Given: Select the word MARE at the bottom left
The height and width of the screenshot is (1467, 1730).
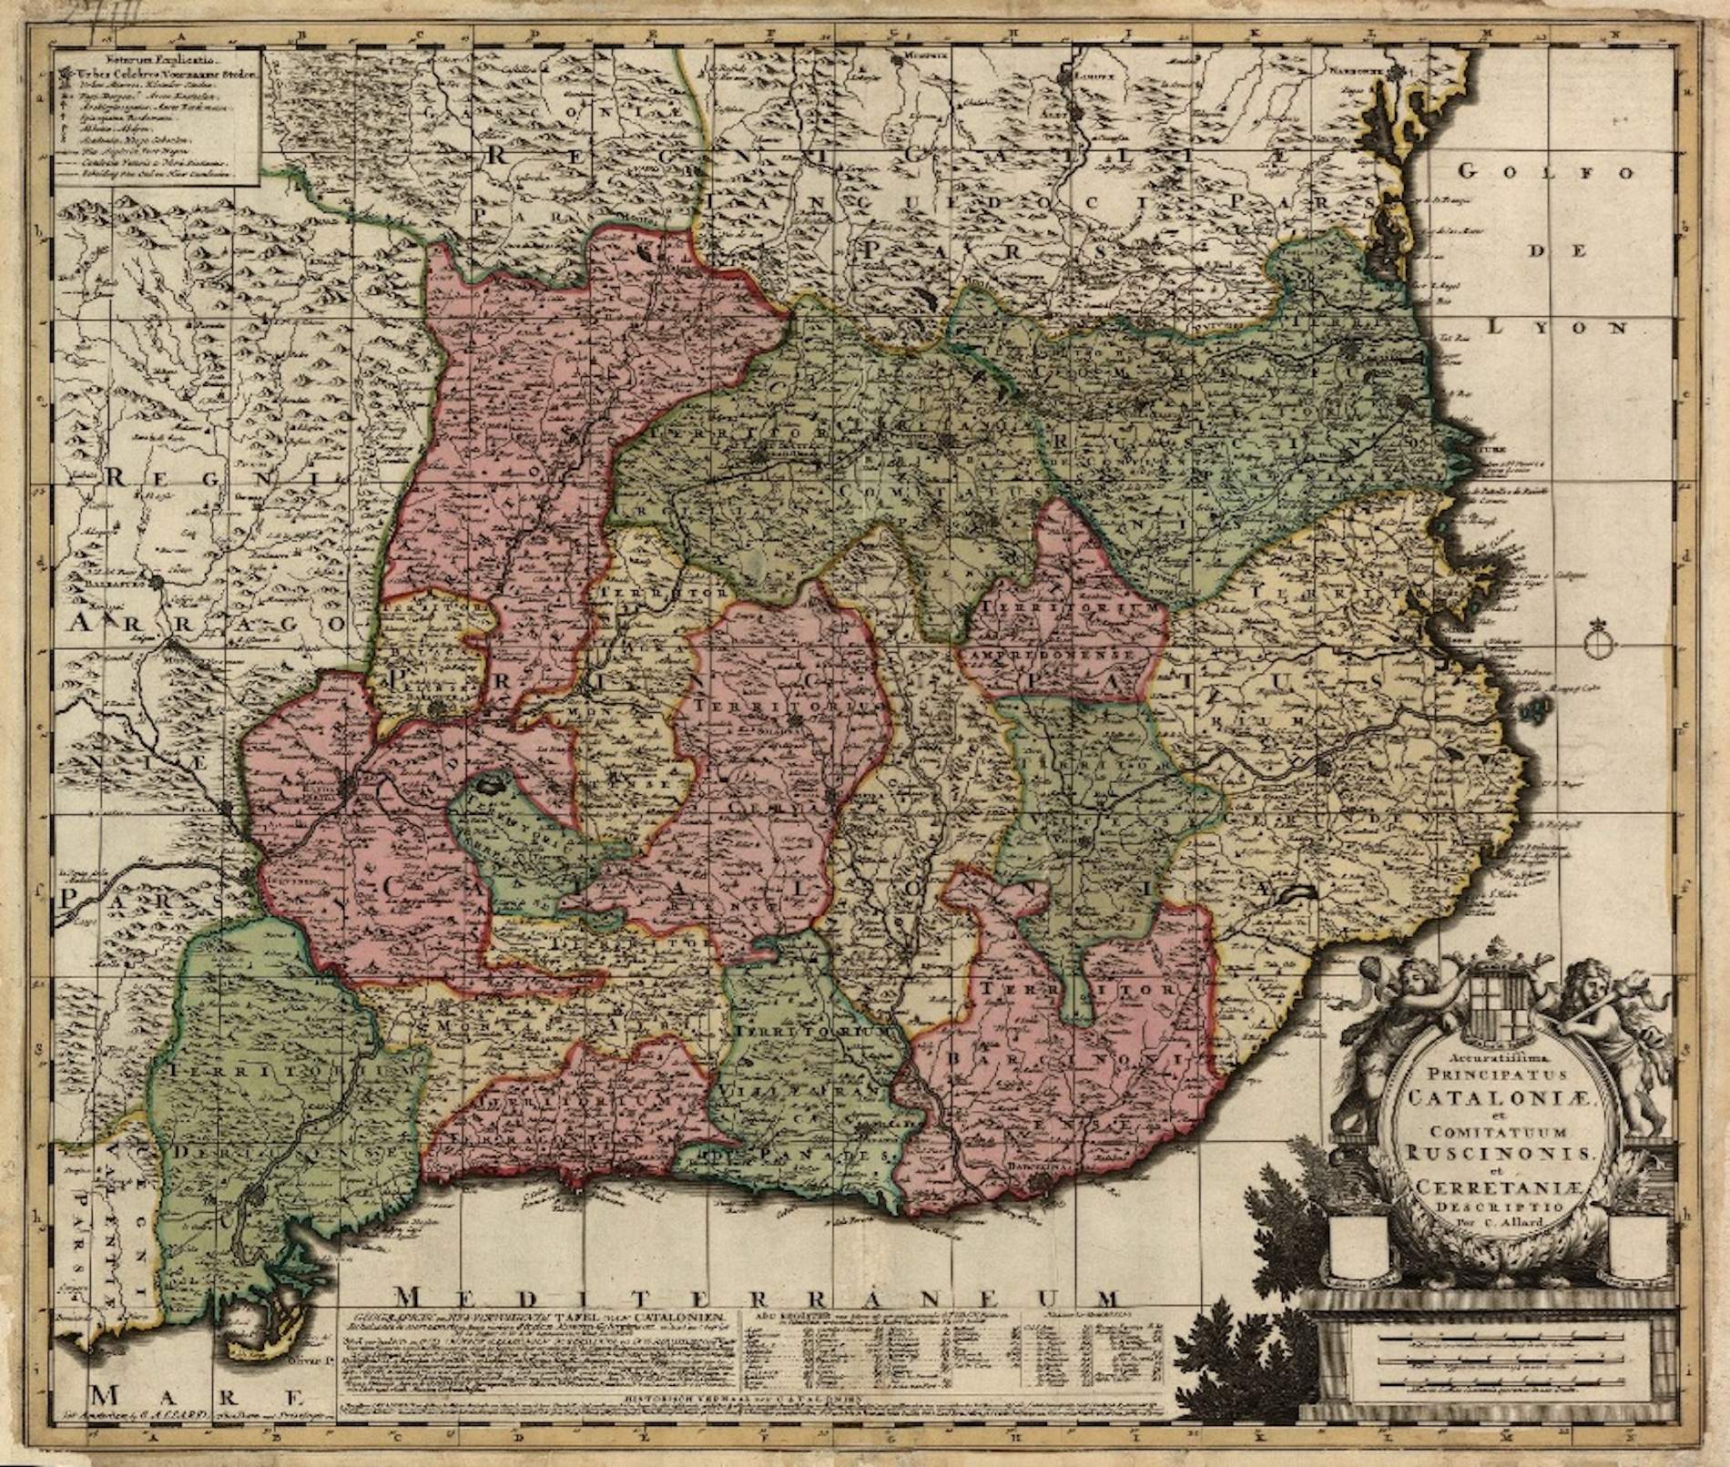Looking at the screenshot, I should pos(198,1423).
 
